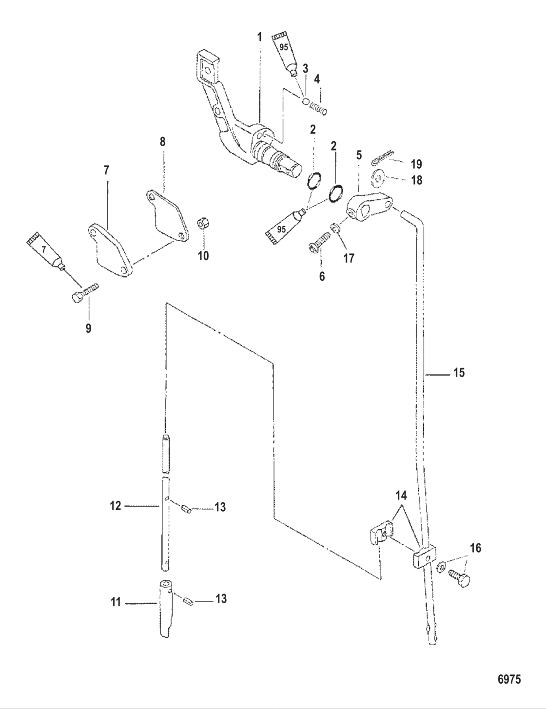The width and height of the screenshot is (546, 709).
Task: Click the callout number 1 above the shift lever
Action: tap(259, 37)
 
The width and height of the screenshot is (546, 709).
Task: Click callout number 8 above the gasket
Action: tap(162, 142)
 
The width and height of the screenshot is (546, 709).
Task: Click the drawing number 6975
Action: tap(508, 679)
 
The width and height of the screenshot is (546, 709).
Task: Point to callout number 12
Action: tap(116, 506)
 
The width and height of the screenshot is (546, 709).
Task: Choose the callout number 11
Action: tap(116, 603)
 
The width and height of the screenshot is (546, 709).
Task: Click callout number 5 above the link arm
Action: tap(359, 156)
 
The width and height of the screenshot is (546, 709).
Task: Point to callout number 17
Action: tap(349, 257)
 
